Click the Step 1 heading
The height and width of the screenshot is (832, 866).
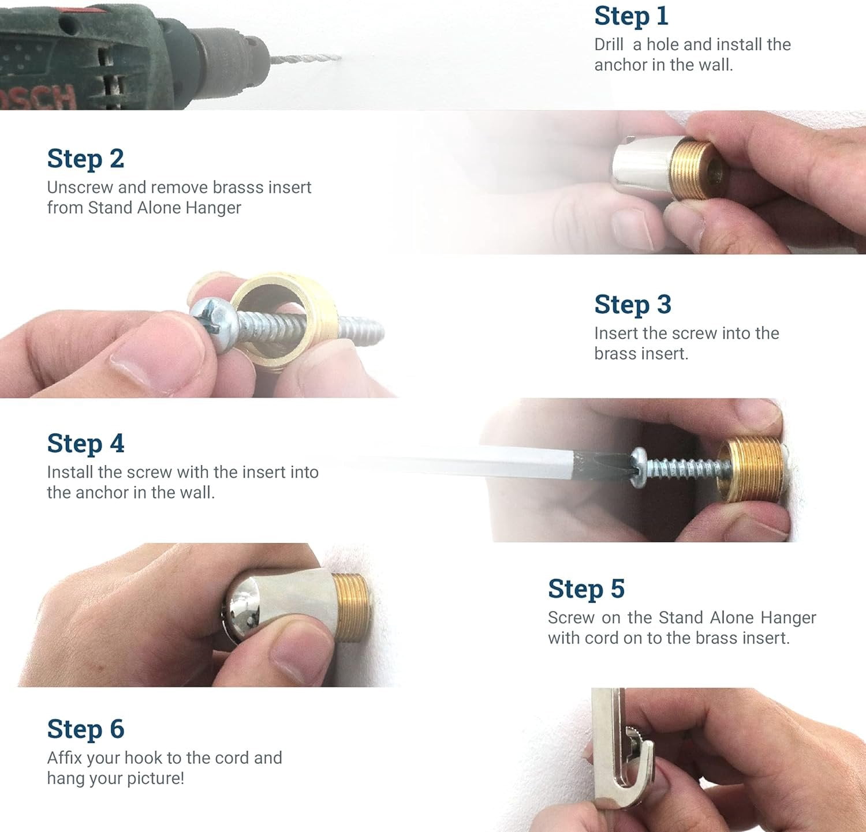(631, 16)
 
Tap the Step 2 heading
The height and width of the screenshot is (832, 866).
(85, 159)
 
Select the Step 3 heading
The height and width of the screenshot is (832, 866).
(633, 304)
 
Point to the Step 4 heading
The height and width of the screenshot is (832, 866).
(85, 443)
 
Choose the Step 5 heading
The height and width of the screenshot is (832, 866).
(586, 589)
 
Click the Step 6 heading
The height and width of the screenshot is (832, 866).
(85, 729)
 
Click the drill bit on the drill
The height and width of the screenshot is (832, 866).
(305, 58)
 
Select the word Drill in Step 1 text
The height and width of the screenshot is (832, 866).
(609, 44)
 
